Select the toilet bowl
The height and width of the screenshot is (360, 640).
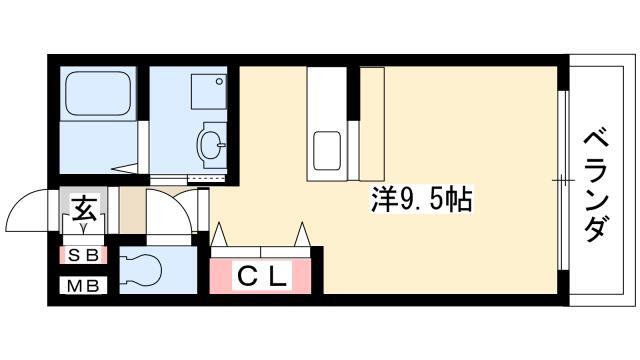tap(140, 268)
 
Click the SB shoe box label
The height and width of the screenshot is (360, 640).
tap(84, 256)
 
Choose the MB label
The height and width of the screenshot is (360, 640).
tap(84, 287)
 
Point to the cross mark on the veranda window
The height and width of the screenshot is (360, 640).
tap(563, 180)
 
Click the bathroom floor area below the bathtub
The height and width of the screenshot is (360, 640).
tap(95, 147)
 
